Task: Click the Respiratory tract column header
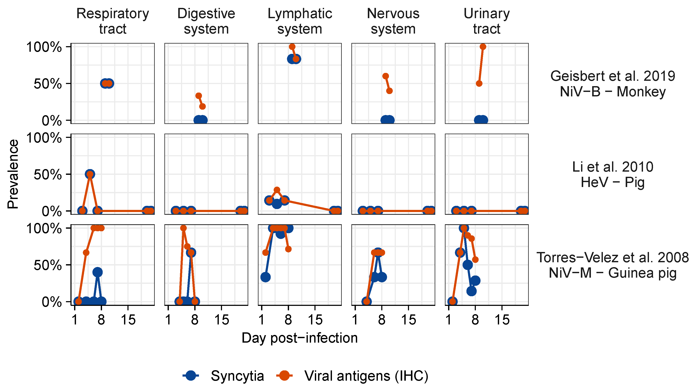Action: tap(113, 21)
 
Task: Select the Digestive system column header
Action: tap(206, 21)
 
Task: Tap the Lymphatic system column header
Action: tap(300, 21)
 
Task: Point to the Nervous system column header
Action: tap(393, 21)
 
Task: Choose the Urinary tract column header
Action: tap(487, 21)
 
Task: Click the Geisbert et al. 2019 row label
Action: tap(613, 84)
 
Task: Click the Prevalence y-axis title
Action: tap(13, 174)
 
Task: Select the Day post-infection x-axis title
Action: tap(300, 338)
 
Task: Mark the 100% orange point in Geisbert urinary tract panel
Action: tap(483, 47)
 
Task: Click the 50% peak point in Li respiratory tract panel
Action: tap(90, 174)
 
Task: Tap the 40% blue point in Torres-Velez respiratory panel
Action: tap(98, 272)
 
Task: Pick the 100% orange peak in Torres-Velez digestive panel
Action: tap(183, 228)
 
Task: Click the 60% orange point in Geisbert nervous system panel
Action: tap(386, 76)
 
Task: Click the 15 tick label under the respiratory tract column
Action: tap(128, 320)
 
